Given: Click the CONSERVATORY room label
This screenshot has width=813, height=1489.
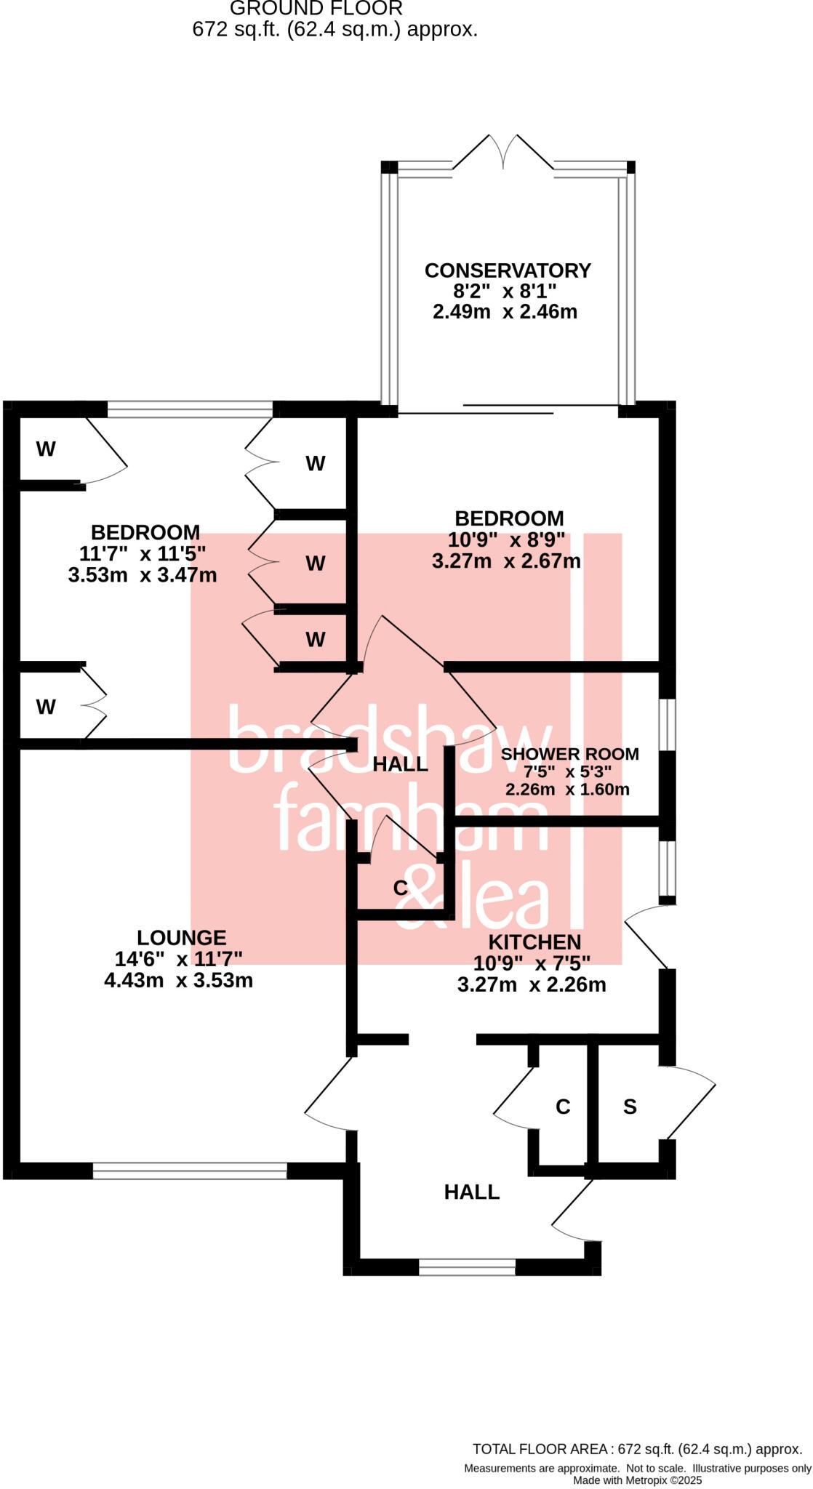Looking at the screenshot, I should pyautogui.click(x=508, y=270).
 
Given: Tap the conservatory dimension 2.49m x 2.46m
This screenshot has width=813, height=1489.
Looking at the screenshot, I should pyautogui.click(x=505, y=312).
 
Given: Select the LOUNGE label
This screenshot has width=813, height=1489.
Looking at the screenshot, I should pyautogui.click(x=181, y=938).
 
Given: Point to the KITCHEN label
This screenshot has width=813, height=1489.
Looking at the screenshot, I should pyautogui.click(x=534, y=942).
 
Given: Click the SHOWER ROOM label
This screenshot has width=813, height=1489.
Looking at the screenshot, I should pyautogui.click(x=569, y=754).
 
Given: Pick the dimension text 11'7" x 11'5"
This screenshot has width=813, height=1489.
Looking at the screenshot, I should pyautogui.click(x=143, y=554).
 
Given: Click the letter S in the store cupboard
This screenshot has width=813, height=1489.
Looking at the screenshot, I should pyautogui.click(x=630, y=1107).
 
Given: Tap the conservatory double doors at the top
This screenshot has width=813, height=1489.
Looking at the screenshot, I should pyautogui.click(x=503, y=153).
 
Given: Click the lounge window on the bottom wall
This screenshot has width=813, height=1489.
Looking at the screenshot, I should pyautogui.click(x=190, y=1171).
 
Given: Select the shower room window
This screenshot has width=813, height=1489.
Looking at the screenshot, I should pyautogui.click(x=667, y=724).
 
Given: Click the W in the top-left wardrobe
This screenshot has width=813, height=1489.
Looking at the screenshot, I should pyautogui.click(x=46, y=449).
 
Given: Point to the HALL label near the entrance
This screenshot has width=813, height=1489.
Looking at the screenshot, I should pyautogui.click(x=472, y=1192).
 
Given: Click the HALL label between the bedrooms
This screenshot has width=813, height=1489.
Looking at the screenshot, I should pyautogui.click(x=400, y=764).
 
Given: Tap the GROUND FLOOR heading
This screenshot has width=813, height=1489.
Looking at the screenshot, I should pyautogui.click(x=316, y=9).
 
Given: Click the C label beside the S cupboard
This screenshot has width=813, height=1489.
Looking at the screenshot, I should pyautogui.click(x=562, y=1107).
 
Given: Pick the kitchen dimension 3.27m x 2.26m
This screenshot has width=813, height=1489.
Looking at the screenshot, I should pyautogui.click(x=532, y=985).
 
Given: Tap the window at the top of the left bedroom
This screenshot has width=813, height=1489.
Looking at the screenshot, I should pyautogui.click(x=190, y=409).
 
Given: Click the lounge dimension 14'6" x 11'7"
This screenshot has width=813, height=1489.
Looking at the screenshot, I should pyautogui.click(x=178, y=959).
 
